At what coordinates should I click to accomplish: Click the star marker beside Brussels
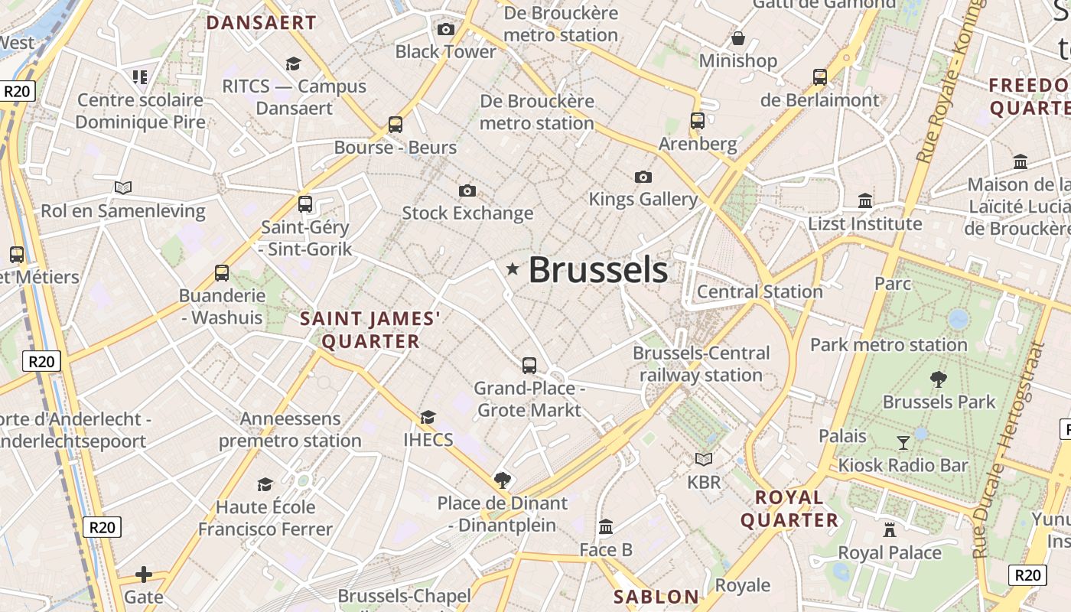click(x=513, y=269)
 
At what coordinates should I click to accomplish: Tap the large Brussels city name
click(x=598, y=270)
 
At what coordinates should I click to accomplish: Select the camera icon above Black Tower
click(x=445, y=30)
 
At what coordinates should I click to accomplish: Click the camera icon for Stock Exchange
click(x=467, y=190)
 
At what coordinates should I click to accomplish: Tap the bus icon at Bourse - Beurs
click(x=396, y=125)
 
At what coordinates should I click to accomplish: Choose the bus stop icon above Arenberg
click(x=698, y=121)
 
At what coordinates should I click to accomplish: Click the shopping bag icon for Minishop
click(x=738, y=38)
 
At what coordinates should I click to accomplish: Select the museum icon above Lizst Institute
click(x=865, y=200)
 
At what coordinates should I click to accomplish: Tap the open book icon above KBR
click(x=704, y=459)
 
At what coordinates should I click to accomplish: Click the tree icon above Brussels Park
click(x=939, y=379)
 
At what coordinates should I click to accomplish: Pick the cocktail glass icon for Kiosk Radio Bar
click(x=903, y=442)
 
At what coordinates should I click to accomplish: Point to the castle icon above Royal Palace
click(x=890, y=529)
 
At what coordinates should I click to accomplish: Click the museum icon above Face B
click(x=606, y=526)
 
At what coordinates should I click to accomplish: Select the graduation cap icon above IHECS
click(x=428, y=417)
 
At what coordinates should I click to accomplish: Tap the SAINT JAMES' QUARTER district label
click(x=371, y=330)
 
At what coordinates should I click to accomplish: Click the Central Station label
click(x=760, y=291)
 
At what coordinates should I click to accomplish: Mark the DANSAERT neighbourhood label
click(x=262, y=23)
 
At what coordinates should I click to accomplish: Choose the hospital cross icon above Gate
click(x=144, y=575)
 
